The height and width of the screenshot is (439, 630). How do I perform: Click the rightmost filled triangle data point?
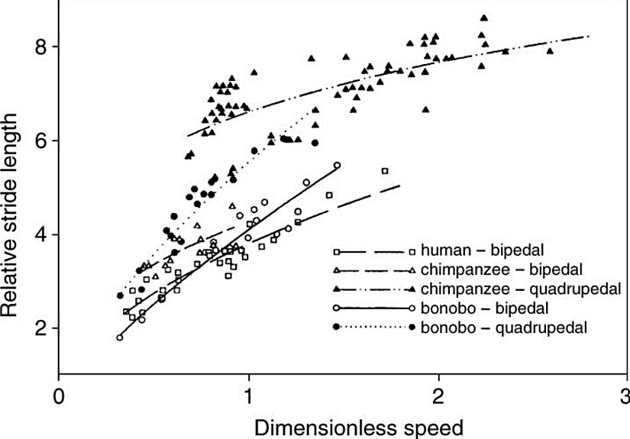click(550, 51)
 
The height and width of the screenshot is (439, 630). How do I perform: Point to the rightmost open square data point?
click(386, 170)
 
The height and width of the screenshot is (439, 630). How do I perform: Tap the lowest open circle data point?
click(120, 337)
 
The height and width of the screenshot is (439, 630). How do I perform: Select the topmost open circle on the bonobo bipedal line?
click(337, 165)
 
